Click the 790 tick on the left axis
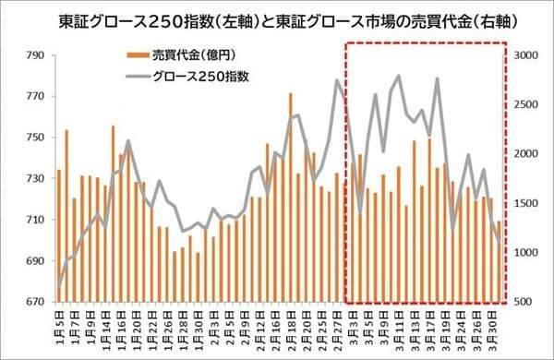[33, 56]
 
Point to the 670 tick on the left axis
[33, 302]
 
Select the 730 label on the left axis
[33, 179]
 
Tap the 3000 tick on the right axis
[527, 56]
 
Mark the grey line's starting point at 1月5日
[59, 285]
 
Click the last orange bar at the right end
[500, 260]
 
